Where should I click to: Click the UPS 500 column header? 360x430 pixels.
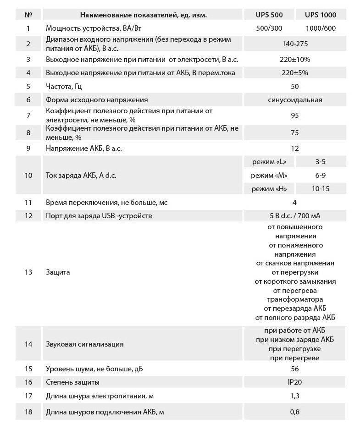pos(269,15)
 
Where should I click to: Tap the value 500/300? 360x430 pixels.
pos(269,28)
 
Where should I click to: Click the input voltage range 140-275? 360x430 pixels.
pos(295,44)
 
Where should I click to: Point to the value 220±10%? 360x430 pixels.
pos(295,60)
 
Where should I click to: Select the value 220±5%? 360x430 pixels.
pos(295,73)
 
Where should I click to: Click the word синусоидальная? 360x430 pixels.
pos(295,100)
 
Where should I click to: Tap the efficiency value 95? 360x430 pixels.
pos(295,116)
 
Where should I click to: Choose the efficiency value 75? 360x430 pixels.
pos(295,133)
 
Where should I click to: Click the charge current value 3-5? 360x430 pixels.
pos(321,162)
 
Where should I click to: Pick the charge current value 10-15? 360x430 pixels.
pos(321,188)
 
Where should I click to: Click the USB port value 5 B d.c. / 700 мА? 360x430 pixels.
pos(295,215)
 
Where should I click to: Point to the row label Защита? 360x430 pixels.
pos(58,272)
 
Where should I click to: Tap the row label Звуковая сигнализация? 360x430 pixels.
pos(85,344)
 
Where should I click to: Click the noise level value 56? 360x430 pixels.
pos(295,369)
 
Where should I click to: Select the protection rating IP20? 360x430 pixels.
pos(295,382)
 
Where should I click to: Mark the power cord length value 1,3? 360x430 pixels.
pos(295,397)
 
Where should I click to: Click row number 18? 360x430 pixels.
pos(28,412)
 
